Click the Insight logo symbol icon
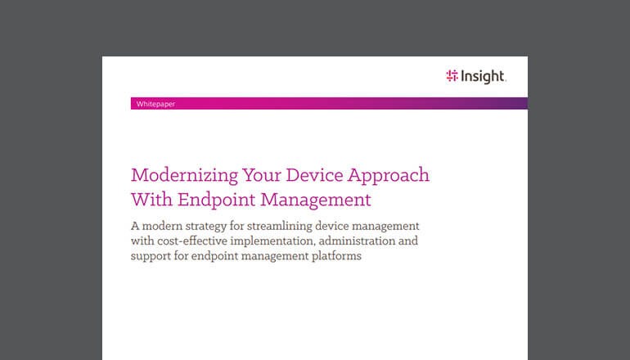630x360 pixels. [452, 76]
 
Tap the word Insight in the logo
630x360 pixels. [484, 76]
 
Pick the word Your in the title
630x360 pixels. [254, 176]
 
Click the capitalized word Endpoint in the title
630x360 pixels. [215, 199]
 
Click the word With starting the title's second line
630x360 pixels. [151, 199]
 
